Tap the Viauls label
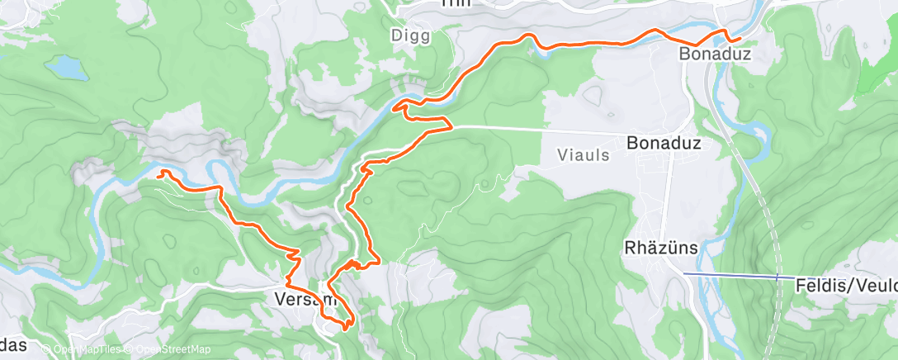click(x=583, y=154)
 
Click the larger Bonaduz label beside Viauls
click(x=664, y=143)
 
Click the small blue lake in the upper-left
click(x=66, y=67)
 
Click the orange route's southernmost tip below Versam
click(x=343, y=330)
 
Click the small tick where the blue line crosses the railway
click(x=777, y=277)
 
